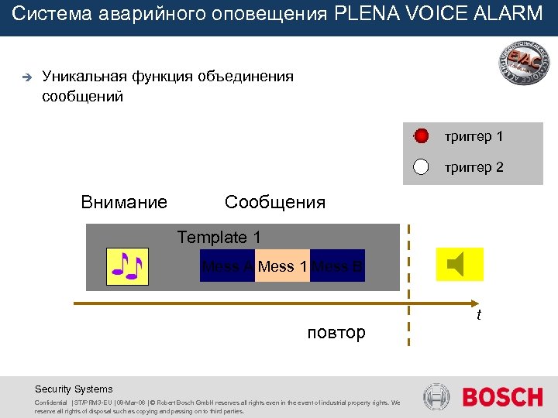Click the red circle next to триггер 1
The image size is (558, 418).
[421, 137]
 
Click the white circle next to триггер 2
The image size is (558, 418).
[421, 166]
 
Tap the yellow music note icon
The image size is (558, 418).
[126, 267]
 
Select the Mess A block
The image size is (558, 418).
[226, 266]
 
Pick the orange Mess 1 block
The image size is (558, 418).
[283, 266]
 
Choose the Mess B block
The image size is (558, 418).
[338, 266]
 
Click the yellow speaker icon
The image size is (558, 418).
[460, 265]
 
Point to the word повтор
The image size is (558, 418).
[336, 333]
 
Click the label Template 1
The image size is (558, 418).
[219, 238]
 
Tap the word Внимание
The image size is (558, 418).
[124, 203]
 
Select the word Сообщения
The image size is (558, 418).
[275, 203]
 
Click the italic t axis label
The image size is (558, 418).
[479, 315]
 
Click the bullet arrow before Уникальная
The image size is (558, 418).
[25, 77]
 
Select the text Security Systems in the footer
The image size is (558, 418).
[74, 389]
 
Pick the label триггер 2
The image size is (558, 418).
[474, 166]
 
